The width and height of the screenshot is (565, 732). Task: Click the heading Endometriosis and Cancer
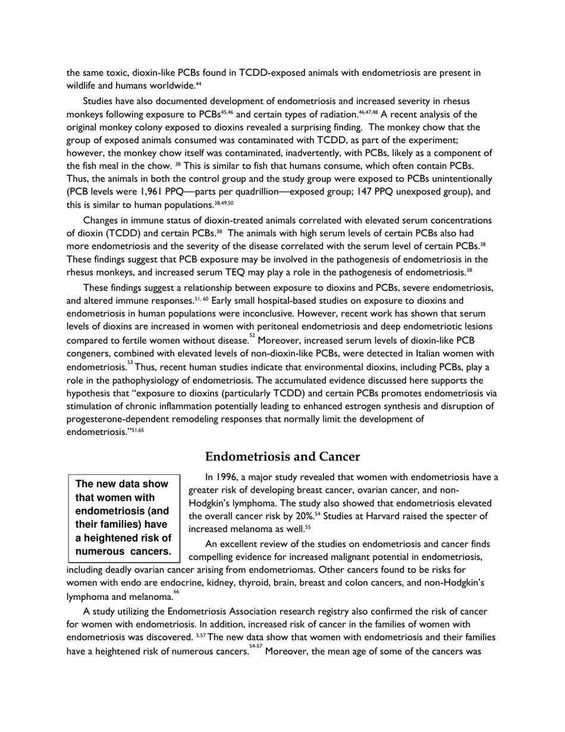click(282, 457)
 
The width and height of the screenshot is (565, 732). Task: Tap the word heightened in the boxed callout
click(117, 538)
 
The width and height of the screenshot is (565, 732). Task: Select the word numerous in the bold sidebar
click(97, 552)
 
